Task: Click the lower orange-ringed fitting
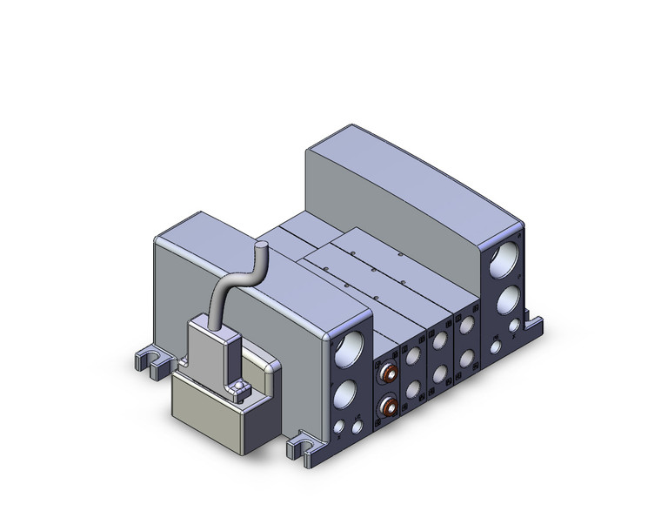coord(387,405)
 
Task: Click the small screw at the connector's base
coord(238,386)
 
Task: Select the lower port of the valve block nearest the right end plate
coord(468,357)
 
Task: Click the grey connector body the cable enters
coord(209,348)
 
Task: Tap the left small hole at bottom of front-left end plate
coord(338,427)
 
